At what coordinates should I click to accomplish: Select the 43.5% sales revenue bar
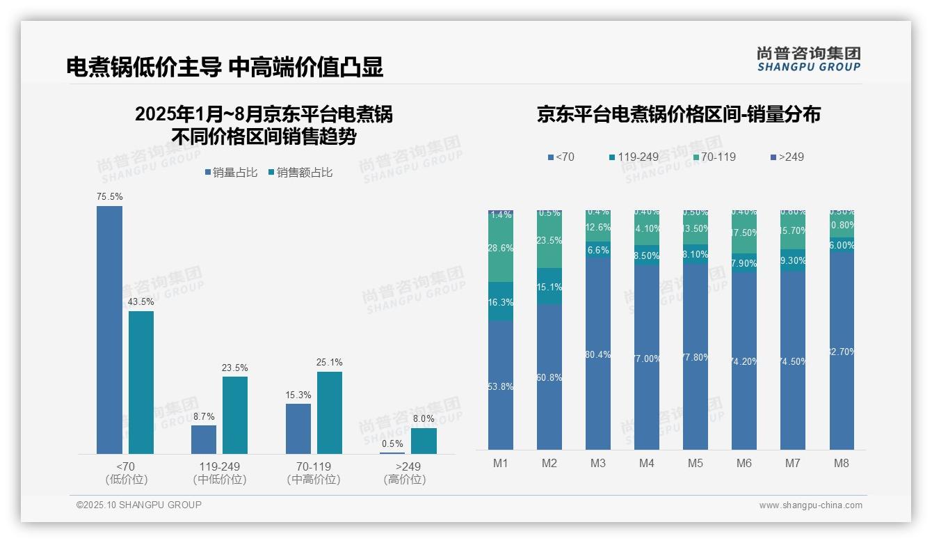point(141,382)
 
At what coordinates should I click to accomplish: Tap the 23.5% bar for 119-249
point(235,415)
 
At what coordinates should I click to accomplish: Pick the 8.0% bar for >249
point(424,441)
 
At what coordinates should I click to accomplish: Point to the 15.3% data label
point(298,395)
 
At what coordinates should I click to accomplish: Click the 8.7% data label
point(204,416)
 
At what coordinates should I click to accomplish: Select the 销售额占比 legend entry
point(300,173)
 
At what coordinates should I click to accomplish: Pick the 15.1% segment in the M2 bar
point(549,286)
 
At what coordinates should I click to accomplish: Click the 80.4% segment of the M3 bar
point(598,354)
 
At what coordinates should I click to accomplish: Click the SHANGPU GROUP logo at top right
point(808,59)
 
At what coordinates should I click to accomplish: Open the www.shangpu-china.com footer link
point(810,505)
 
